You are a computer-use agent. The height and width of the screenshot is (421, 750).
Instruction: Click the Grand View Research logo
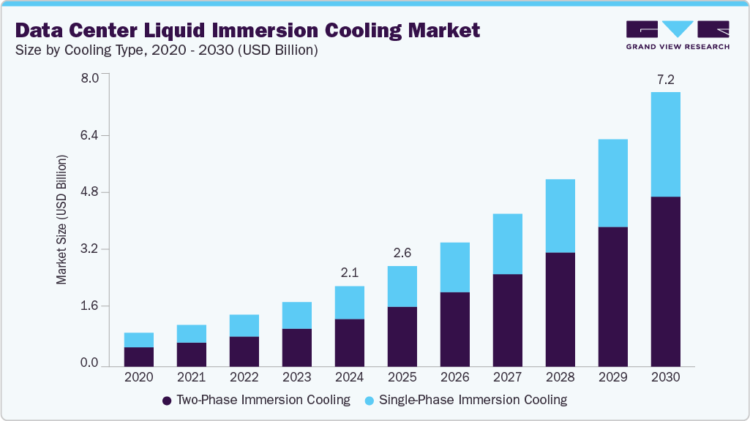[x=678, y=35]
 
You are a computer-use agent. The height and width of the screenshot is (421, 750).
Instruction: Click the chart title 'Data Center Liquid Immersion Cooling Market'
[x=247, y=30]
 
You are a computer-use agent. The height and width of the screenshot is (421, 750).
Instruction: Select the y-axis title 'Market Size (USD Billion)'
[x=62, y=219]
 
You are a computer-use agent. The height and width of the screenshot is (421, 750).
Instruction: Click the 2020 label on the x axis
[x=139, y=377]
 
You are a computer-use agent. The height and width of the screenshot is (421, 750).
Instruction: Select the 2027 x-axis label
[x=507, y=377]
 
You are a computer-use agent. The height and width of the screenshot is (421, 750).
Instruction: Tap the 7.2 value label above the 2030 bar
[x=665, y=78]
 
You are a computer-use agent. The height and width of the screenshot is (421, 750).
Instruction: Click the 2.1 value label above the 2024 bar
[x=349, y=273]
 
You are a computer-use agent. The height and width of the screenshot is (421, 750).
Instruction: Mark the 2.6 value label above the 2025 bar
[x=402, y=253]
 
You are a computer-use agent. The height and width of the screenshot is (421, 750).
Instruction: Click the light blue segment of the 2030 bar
[x=665, y=144]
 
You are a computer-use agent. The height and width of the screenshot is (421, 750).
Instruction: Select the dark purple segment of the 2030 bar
[x=665, y=281]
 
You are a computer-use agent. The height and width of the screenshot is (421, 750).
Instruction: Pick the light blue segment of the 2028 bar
[x=560, y=216]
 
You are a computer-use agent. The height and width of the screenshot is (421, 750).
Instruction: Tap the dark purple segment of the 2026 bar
[x=454, y=329]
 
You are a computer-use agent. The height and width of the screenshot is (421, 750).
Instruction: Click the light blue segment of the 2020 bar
[x=139, y=340]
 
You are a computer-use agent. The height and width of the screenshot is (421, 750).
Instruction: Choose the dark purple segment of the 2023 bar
[x=296, y=347]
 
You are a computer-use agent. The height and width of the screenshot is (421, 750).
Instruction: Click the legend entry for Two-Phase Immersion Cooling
[x=256, y=400]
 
